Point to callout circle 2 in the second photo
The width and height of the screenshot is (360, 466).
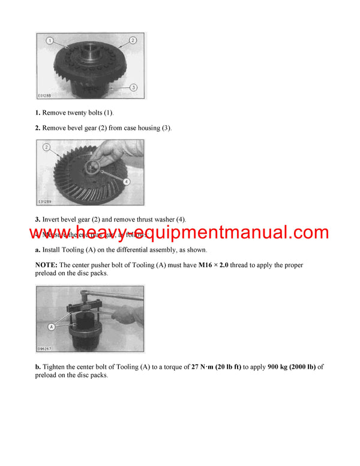pos(46,147)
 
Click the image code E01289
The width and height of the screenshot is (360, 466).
pos(46,202)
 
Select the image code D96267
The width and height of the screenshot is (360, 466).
pos(46,348)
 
